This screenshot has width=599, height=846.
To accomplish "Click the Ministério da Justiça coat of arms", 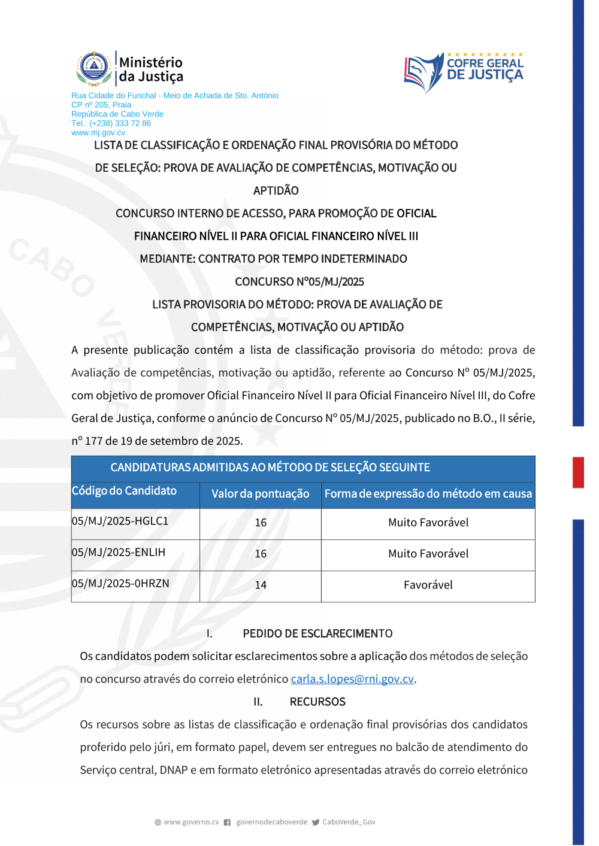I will click(x=94, y=68).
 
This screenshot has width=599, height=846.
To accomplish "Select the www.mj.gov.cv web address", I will click(x=98, y=133).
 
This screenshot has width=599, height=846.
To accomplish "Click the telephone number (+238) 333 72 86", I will click(x=111, y=123).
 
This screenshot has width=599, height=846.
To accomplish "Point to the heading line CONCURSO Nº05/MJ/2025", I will click(x=299, y=282).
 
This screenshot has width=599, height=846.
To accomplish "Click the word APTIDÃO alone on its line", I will click(x=276, y=191).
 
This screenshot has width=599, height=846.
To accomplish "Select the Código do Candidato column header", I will click(x=124, y=491).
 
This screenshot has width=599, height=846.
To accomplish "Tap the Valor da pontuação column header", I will click(x=260, y=494).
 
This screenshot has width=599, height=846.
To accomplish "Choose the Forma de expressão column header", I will click(x=428, y=494).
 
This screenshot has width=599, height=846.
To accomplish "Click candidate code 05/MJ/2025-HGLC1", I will click(x=120, y=521).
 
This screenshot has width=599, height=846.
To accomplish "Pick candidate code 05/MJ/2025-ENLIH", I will click(x=119, y=553).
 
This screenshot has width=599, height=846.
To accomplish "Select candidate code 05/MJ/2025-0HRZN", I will click(x=120, y=584).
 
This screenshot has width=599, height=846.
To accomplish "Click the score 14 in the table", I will click(x=261, y=585).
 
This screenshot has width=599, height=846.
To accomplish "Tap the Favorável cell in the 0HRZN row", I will click(x=428, y=585).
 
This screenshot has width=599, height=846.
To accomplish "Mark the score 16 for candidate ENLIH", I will click(x=261, y=554).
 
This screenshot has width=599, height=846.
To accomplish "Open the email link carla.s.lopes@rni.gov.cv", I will click(x=352, y=679).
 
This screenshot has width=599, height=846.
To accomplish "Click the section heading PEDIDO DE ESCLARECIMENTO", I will click(x=317, y=633).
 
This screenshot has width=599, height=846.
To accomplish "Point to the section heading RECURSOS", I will click(x=317, y=702).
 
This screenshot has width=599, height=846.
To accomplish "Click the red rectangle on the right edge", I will click(x=578, y=472).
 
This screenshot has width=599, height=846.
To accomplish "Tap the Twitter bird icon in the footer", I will click(x=316, y=823).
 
